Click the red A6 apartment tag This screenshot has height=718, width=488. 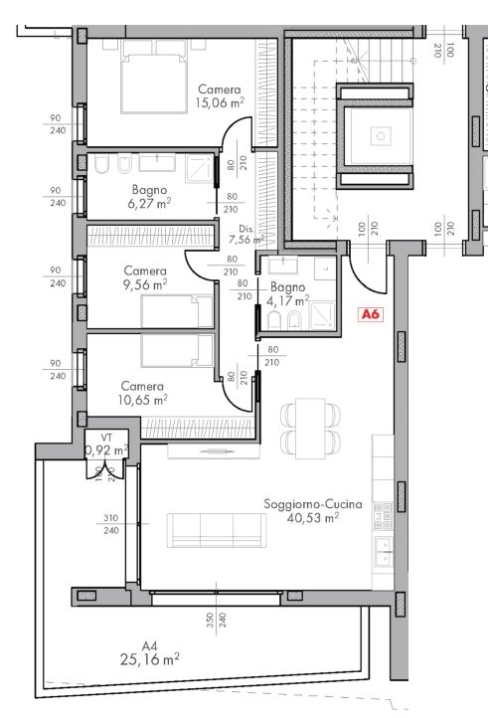point(371,314)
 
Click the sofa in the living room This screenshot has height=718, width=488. point(216,529)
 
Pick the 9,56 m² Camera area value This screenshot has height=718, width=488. point(145,284)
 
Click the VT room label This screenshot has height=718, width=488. point(106,437)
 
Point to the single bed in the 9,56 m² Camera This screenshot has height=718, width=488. point(177,312)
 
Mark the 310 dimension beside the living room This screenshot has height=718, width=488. point(110,518)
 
